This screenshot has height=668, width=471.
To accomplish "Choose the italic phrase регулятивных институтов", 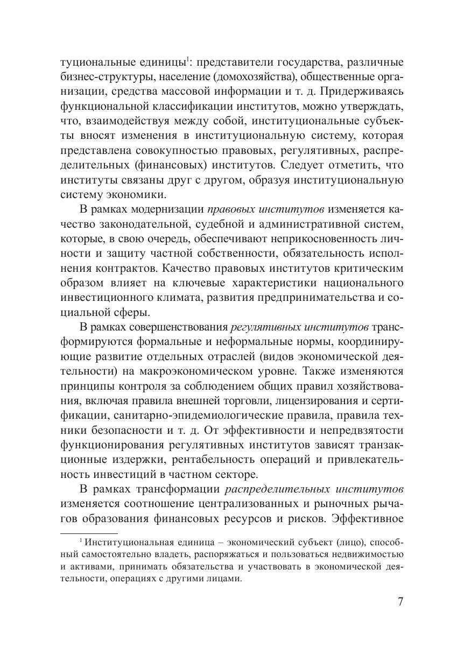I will (x=299, y=328).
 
